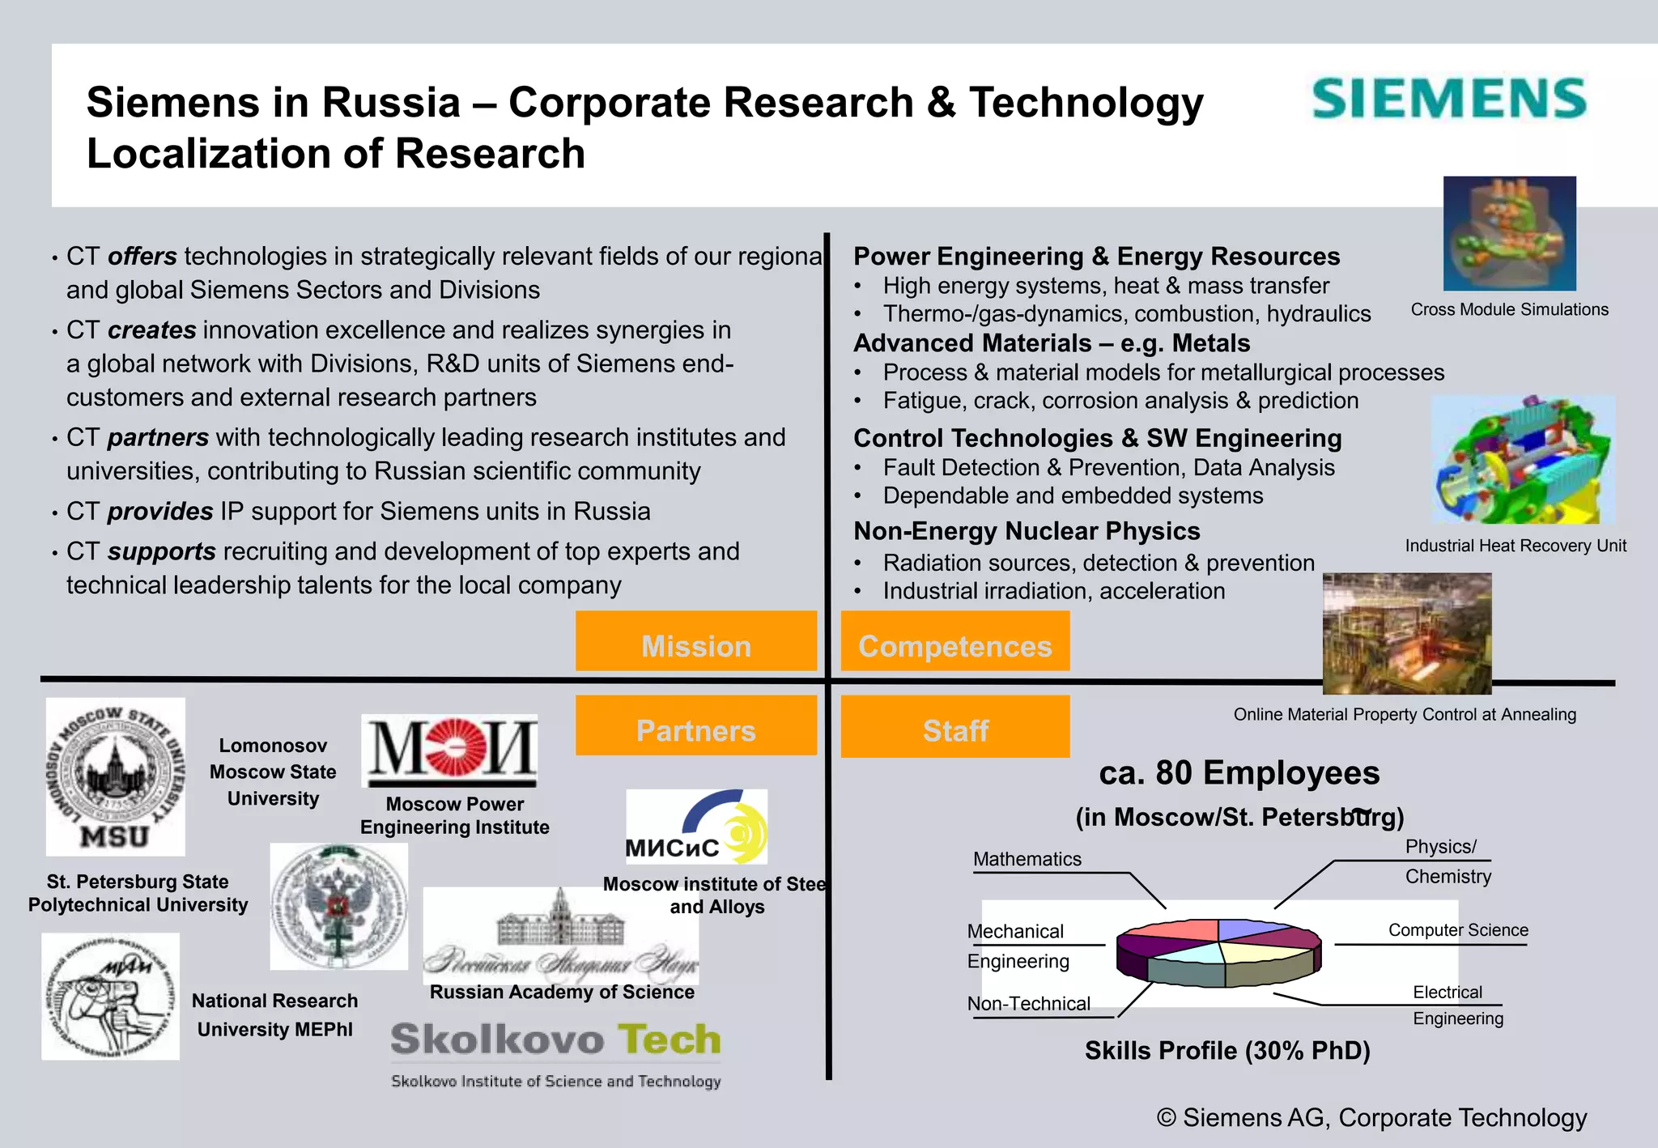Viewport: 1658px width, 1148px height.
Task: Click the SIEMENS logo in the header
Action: tap(1448, 99)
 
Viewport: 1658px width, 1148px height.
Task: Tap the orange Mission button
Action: tap(695, 641)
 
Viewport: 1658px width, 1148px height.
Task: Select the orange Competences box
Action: tap(955, 641)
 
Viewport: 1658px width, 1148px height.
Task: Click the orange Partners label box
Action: tap(695, 726)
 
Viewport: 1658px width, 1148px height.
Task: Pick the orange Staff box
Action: tap(955, 727)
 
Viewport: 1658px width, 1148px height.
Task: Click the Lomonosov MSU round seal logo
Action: tap(115, 776)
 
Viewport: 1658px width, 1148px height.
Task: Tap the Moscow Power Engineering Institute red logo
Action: tap(449, 750)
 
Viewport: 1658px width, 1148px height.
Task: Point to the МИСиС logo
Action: tap(696, 827)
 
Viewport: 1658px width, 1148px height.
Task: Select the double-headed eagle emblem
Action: tap(338, 907)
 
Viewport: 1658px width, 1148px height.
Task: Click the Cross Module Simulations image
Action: tap(1509, 233)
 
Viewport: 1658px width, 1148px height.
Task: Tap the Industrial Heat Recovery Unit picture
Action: tap(1523, 459)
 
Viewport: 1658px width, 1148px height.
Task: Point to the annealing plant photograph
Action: tap(1406, 633)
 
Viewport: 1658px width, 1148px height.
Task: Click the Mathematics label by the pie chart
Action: tap(1027, 859)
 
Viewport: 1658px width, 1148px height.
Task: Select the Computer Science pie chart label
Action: tap(1458, 930)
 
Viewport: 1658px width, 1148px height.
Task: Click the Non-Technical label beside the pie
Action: tap(1028, 1004)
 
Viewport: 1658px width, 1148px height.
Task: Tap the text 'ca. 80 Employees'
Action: tap(1239, 773)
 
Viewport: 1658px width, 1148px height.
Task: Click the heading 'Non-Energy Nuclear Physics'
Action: tap(1027, 531)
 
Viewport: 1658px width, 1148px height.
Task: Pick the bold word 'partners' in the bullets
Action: tap(158, 437)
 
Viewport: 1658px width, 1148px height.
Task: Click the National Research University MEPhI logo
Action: tap(110, 997)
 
